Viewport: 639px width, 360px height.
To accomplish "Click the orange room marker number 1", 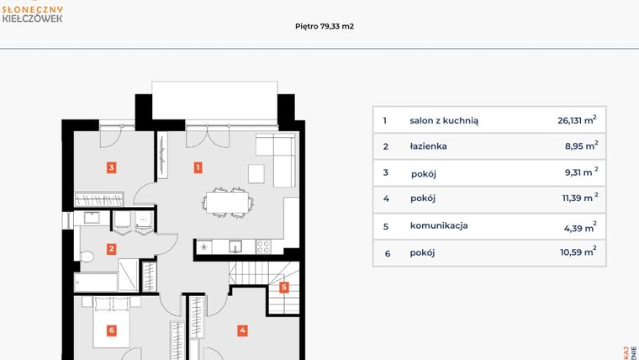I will click(198, 167).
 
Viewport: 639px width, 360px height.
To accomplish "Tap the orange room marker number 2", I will click(111, 248).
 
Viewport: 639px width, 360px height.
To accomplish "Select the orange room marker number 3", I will click(111, 167).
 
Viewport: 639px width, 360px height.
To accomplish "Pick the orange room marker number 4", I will click(242, 331).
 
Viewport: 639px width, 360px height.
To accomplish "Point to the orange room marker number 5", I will click(284, 287).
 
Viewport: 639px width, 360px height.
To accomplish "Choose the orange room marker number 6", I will click(111, 331).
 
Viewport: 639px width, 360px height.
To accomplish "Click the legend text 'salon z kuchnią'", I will click(444, 120).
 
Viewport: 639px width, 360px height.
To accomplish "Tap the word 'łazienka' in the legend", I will click(428, 146).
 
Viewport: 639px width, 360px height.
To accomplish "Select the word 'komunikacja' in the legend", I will click(439, 225).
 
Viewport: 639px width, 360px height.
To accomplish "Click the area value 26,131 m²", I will click(577, 119).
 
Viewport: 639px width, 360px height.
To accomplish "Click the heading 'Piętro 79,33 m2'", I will click(319, 26).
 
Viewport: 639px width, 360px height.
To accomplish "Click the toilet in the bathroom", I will click(85, 255).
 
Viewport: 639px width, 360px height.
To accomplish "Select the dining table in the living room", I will click(227, 203).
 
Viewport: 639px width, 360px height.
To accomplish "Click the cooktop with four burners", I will click(262, 246).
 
